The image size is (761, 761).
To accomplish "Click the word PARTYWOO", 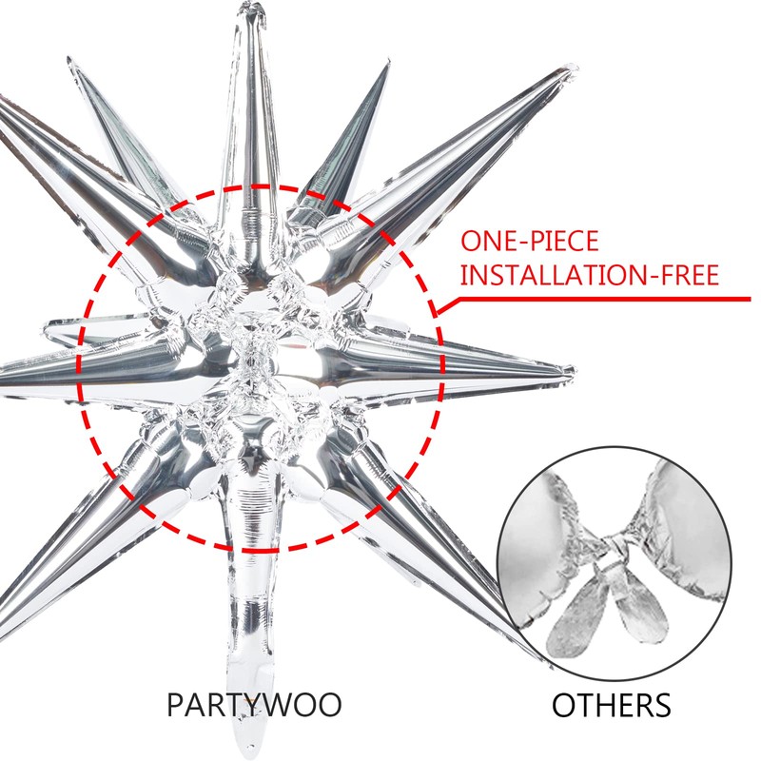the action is [254, 706].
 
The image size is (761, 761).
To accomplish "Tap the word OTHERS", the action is [612, 706].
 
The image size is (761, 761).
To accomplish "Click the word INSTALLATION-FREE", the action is [589, 276].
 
